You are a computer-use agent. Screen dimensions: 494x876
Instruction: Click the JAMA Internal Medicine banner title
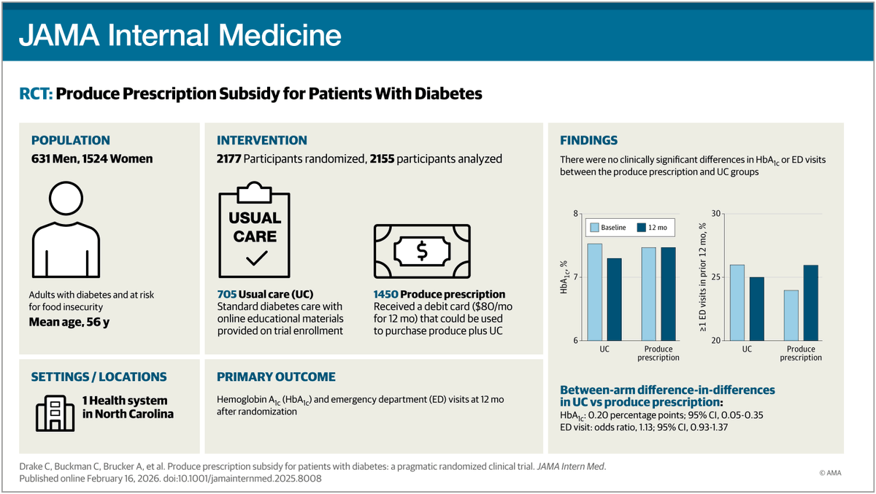(x=180, y=34)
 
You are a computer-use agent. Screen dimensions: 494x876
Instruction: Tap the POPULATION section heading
(x=70, y=140)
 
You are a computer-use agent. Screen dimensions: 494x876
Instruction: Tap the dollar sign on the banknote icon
(x=422, y=251)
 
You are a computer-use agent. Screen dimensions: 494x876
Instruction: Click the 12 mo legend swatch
(x=642, y=228)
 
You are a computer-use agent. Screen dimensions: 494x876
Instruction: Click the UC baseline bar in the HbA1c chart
(x=594, y=292)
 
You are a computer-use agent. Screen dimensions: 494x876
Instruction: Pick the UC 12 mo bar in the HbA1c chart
(x=614, y=299)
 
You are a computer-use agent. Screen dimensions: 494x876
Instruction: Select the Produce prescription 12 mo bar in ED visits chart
(x=810, y=303)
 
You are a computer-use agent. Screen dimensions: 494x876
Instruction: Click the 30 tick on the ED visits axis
(x=716, y=214)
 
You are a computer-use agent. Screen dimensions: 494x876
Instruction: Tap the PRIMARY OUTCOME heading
(x=276, y=377)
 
